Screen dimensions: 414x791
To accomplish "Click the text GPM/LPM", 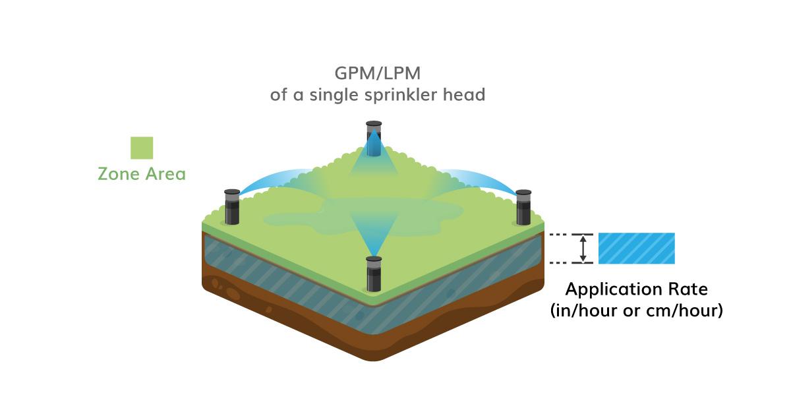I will (378, 72).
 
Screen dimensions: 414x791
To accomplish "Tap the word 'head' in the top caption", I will (464, 94).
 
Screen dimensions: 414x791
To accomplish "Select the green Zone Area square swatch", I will (142, 148).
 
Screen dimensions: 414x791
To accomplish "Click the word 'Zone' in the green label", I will (117, 175).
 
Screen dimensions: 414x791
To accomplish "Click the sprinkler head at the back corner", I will (374, 138).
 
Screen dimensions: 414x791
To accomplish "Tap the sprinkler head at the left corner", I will (231, 206).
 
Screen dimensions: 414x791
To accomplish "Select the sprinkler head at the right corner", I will (523, 206).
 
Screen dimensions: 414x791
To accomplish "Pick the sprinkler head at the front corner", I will (374, 273).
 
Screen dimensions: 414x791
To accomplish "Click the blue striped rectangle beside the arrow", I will (636, 249).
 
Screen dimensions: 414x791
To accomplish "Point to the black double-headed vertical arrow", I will (583, 249).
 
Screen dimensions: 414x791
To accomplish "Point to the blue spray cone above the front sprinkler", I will (374, 234).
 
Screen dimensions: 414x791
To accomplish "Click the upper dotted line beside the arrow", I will (561, 235).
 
